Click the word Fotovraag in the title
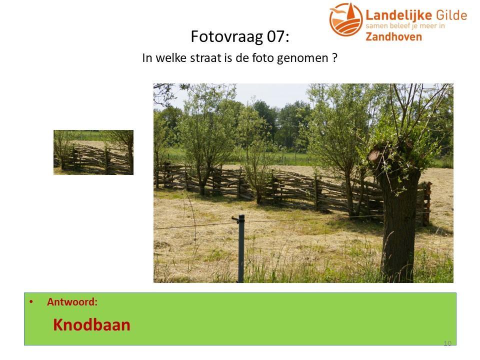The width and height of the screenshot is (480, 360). pyautogui.click(x=226, y=36)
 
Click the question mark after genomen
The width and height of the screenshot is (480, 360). pyautogui.click(x=334, y=57)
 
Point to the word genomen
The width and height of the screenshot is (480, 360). pyautogui.click(x=302, y=58)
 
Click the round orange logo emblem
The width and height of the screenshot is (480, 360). pyautogui.click(x=346, y=19)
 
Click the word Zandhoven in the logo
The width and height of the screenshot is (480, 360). pyautogui.click(x=393, y=36)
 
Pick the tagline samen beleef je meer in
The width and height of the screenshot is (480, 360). pyautogui.click(x=405, y=26)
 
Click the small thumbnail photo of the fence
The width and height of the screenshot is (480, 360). pyautogui.click(x=93, y=152)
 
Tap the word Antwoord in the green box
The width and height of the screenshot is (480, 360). pyautogui.click(x=72, y=302)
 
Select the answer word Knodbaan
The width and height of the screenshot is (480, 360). pyautogui.click(x=92, y=325)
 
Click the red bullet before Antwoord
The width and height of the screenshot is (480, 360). pyautogui.click(x=31, y=302)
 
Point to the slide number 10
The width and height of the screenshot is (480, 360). pyautogui.click(x=447, y=343)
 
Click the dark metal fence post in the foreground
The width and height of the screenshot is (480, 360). pyautogui.click(x=241, y=248)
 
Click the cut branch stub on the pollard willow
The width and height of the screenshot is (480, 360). pyautogui.click(x=374, y=154)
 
